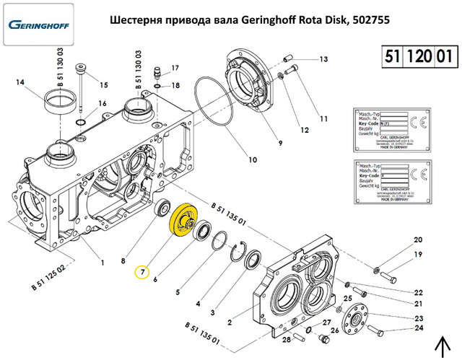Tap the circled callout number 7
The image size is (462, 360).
[143, 272]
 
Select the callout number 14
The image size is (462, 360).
[20, 83]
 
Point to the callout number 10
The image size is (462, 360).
[252, 159]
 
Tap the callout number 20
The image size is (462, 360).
[417, 240]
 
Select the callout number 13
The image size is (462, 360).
[323, 59]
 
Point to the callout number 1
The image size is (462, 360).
[102, 262]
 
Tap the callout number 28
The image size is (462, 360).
[287, 339]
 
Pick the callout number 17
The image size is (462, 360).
[173, 69]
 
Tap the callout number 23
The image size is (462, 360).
[418, 318]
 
